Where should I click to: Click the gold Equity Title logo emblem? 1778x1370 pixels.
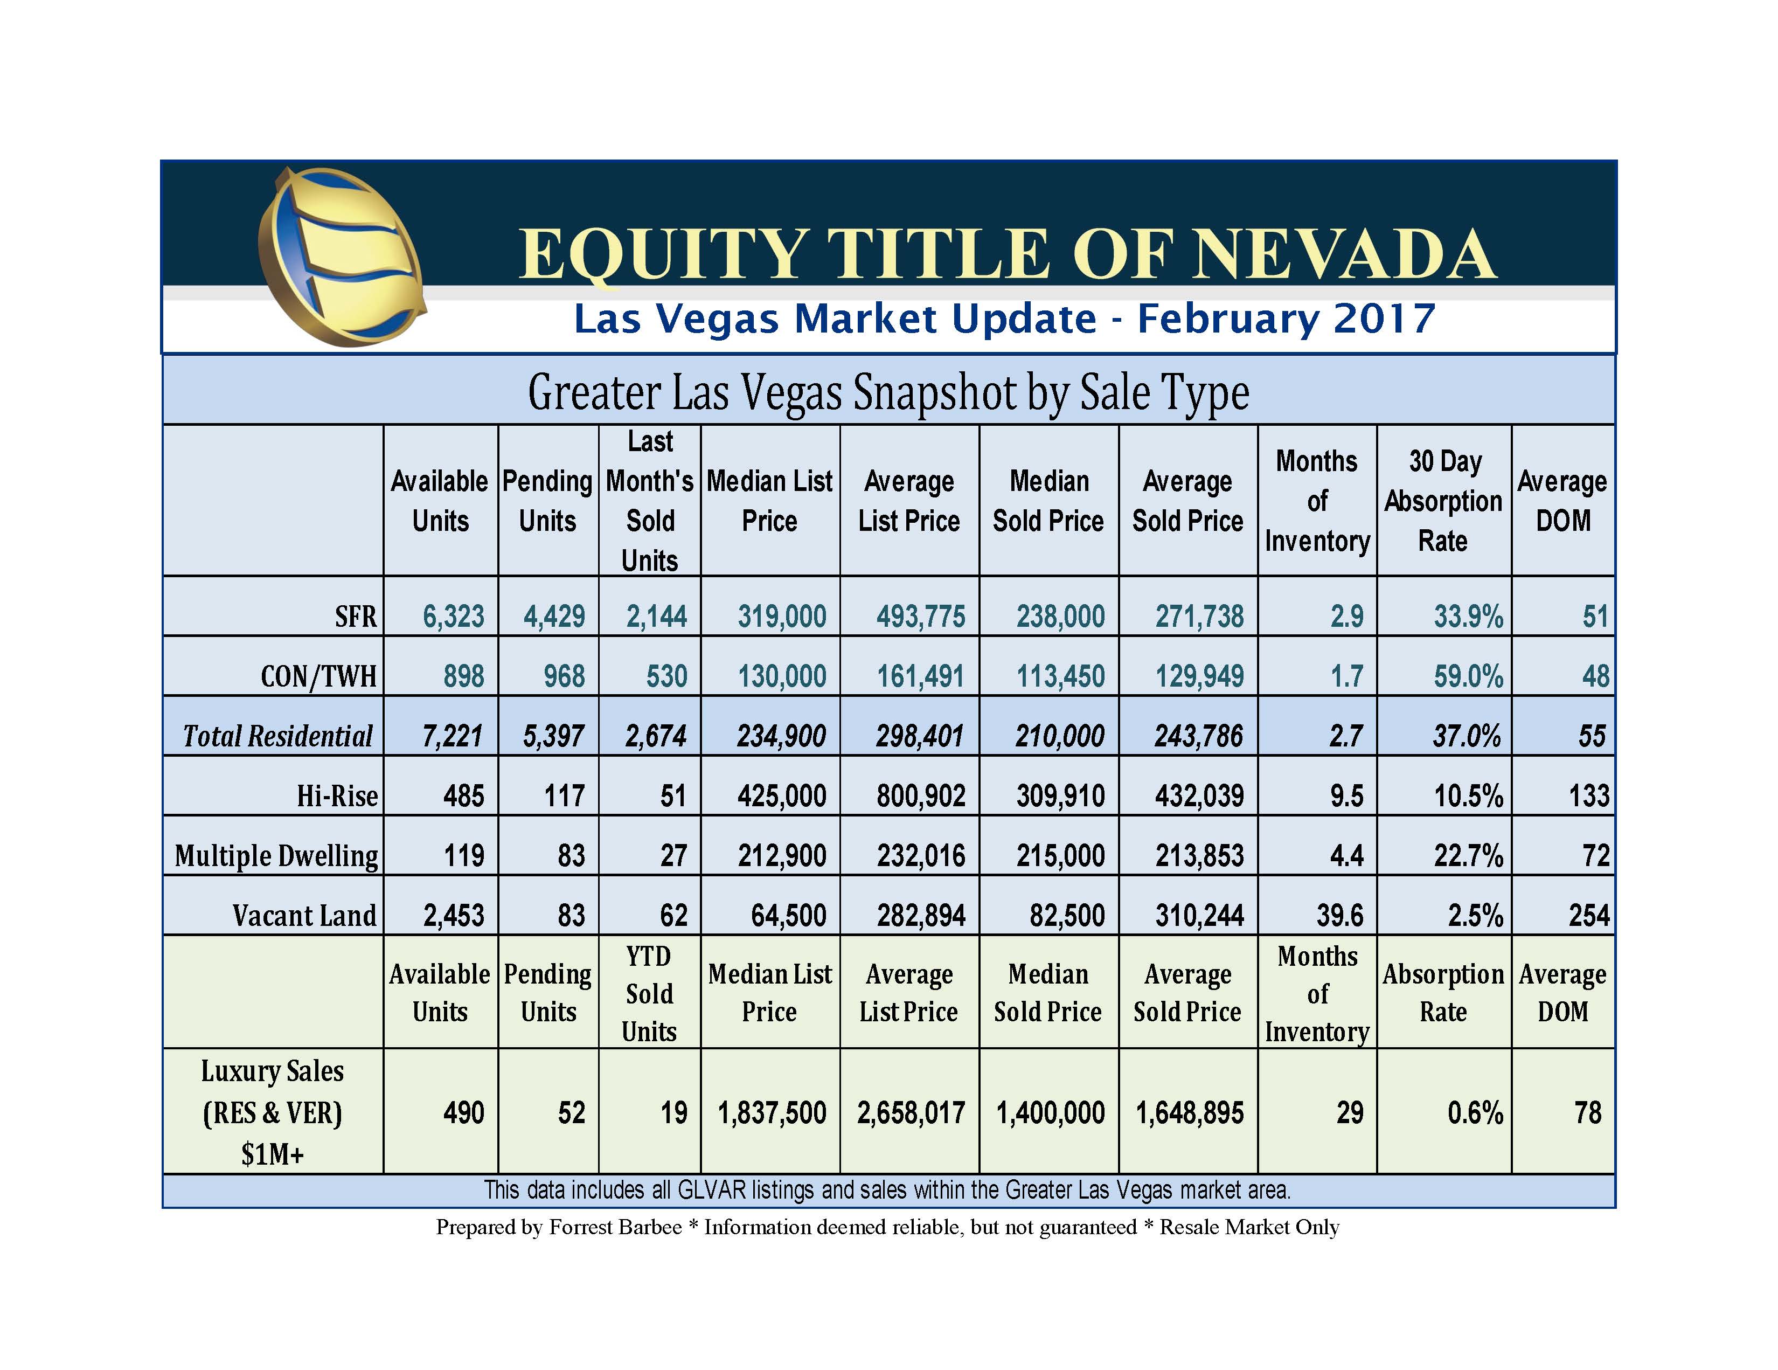(341, 257)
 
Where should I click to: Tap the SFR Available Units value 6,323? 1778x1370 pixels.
(454, 616)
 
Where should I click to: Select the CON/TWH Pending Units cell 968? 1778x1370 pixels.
(564, 676)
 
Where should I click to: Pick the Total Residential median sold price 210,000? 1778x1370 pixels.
(1060, 736)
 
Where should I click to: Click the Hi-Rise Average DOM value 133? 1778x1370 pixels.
(1588, 796)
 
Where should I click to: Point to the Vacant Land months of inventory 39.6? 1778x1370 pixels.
(1339, 916)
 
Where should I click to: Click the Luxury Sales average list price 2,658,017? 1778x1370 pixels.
(911, 1112)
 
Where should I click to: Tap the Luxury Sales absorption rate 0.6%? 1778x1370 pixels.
(1474, 1112)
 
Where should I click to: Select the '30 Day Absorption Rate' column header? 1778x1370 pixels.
(1443, 501)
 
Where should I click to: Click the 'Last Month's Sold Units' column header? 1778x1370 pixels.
(650, 501)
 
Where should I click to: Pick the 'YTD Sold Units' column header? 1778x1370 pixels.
(649, 994)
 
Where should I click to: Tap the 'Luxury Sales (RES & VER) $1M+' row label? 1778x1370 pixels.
(273, 1112)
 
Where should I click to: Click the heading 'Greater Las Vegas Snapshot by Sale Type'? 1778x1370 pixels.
(888, 392)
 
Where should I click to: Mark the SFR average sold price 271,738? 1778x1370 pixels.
(1199, 616)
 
